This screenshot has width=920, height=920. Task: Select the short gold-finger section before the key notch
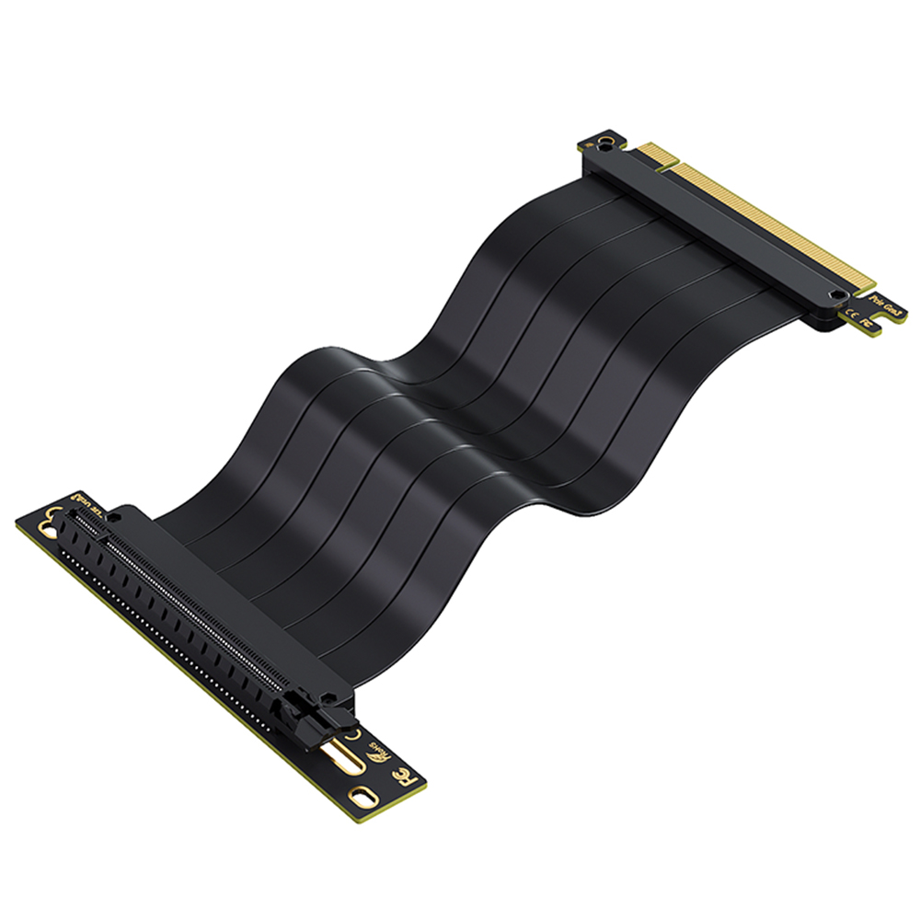(655, 155)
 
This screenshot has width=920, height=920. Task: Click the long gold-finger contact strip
(773, 221)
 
